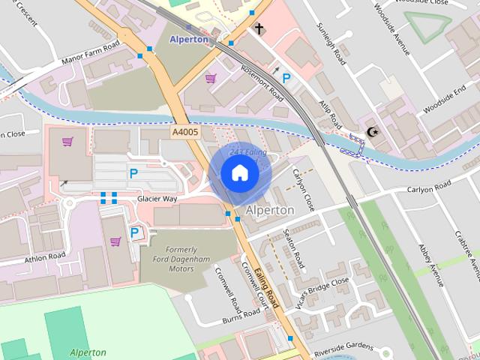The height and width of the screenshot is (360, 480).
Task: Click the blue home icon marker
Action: [x=240, y=173]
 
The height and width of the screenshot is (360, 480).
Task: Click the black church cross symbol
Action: [x=259, y=29]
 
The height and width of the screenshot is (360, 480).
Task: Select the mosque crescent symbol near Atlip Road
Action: [x=372, y=133]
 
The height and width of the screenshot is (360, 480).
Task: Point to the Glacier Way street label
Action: [x=157, y=199]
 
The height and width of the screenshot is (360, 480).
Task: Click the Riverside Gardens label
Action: [x=343, y=345]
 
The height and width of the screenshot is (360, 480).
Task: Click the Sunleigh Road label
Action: [x=331, y=43]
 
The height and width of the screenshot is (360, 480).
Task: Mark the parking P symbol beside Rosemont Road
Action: [x=286, y=77]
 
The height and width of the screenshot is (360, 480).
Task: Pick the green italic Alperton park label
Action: [x=88, y=352]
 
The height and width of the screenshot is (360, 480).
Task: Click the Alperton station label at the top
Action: [x=187, y=39]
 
